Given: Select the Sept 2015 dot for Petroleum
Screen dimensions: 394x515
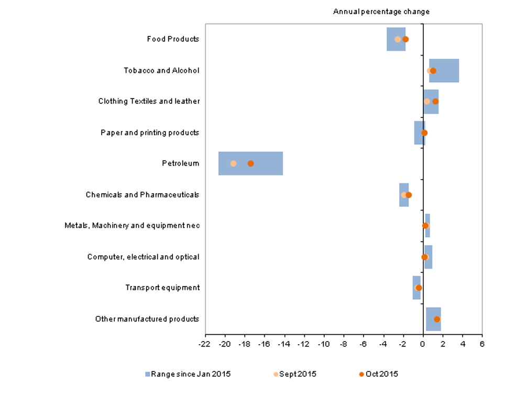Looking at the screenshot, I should coord(233,163).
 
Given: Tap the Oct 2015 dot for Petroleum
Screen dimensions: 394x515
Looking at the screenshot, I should coord(250,163).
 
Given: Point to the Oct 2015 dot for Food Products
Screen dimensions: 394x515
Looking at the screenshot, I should coord(405,39).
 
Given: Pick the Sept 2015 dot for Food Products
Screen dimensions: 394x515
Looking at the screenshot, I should coord(397,39).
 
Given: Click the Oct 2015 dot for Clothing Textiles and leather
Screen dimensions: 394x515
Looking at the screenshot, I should coord(435,101).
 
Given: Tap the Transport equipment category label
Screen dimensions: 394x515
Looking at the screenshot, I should coord(162,288).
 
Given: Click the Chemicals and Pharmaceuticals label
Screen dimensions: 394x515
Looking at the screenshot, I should coord(143,195).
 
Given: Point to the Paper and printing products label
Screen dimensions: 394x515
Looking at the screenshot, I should coord(150,133).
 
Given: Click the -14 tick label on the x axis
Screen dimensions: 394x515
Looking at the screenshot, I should coord(283,344).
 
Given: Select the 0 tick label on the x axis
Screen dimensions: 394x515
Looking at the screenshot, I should coord(422,344).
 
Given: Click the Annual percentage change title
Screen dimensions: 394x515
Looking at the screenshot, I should coord(381,12).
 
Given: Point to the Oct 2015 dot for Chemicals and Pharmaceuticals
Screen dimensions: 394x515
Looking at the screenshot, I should coord(409,195).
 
